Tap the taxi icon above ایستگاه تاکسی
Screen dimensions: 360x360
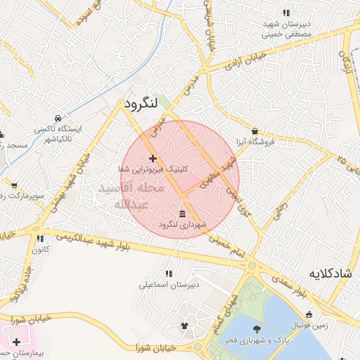58,118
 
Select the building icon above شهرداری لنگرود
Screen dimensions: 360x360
183,214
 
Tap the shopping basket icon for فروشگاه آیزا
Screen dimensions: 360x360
254,131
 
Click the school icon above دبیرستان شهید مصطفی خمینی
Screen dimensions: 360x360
285,13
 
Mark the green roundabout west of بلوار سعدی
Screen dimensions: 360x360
252,266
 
